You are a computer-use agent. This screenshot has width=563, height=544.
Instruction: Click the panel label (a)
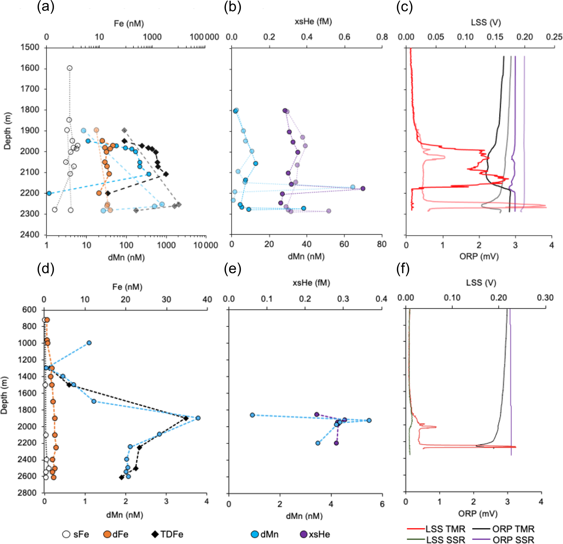46,7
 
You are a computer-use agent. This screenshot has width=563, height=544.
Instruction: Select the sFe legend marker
66,534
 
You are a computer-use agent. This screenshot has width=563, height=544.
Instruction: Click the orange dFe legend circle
107,534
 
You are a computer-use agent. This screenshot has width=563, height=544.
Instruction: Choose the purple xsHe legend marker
304,534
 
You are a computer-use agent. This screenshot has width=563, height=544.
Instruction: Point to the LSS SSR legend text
446,540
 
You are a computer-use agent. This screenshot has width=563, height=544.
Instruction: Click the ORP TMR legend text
513,529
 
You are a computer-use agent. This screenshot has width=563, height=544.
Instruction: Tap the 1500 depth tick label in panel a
30,47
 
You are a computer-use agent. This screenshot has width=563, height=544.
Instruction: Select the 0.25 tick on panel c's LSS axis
554,37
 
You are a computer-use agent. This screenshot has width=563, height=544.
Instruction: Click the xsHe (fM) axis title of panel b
313,22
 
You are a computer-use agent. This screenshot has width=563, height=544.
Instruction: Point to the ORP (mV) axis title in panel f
478,513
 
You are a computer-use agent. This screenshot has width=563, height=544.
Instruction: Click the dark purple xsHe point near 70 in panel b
363,189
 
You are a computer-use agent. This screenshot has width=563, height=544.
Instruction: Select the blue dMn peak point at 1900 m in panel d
198,418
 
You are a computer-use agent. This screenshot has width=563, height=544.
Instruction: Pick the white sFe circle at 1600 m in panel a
69,68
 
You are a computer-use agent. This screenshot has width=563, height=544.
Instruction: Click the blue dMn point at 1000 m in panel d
89,343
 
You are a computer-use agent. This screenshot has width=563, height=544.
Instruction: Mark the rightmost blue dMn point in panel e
369,421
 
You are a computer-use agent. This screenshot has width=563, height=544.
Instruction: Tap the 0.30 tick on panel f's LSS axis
545,298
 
